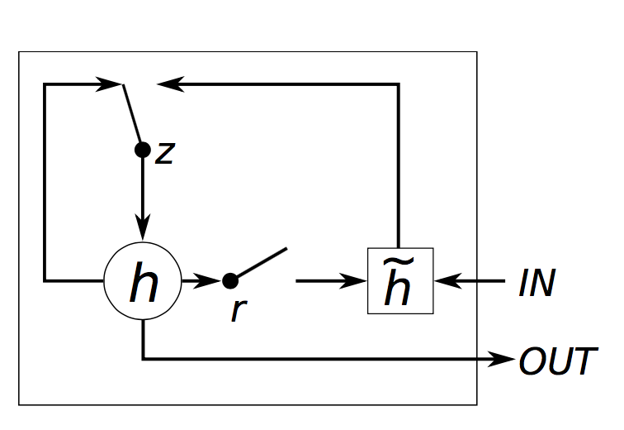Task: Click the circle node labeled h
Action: pos(143,282)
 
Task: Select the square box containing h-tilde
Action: pos(399,282)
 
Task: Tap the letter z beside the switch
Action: pos(165,154)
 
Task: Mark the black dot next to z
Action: pos(143,150)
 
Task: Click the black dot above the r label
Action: pos(230,281)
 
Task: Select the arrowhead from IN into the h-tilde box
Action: pos(445,282)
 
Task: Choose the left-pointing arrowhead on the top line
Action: pos(170,84)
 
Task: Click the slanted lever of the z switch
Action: pos(132,116)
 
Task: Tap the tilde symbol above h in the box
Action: pos(399,263)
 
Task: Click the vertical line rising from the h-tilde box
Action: pos(399,165)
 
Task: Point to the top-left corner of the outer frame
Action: pos(19,52)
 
